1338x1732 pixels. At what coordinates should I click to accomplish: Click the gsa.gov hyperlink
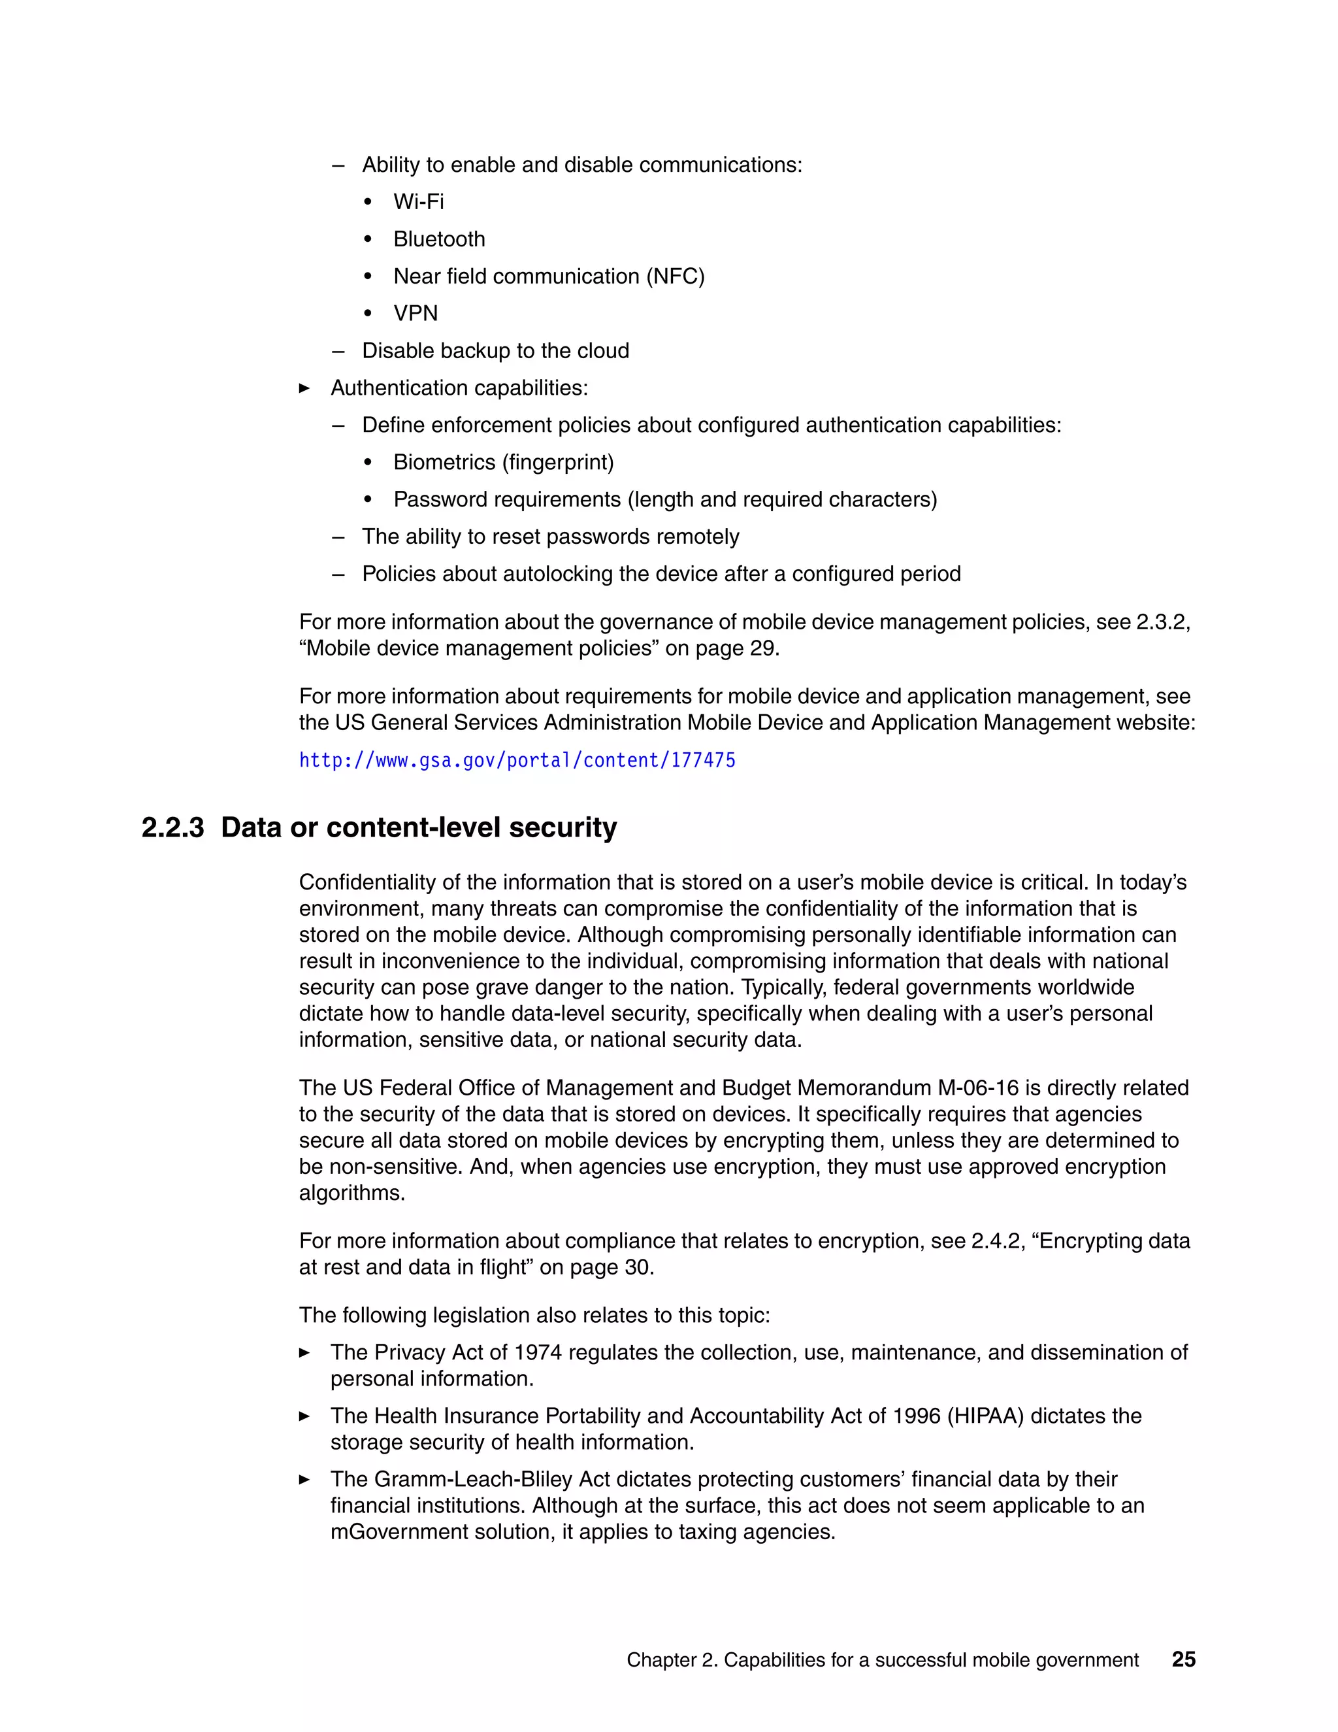[x=517, y=761]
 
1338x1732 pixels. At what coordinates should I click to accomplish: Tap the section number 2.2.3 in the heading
[x=172, y=827]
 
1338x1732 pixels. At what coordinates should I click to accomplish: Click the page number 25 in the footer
[x=1183, y=1659]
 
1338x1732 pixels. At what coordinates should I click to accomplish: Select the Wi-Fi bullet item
[x=419, y=201]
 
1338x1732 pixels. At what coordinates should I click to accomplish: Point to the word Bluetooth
[x=439, y=239]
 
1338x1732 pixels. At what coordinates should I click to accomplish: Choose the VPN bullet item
[x=416, y=313]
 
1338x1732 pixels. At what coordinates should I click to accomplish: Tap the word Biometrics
[x=444, y=462]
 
